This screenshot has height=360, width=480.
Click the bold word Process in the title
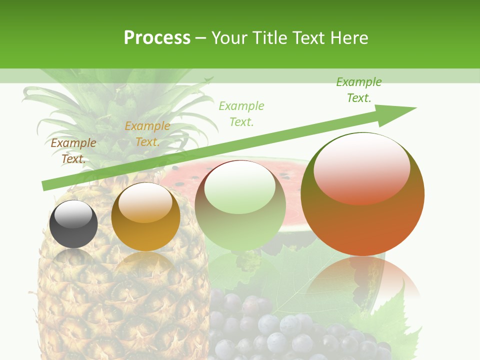click(157, 38)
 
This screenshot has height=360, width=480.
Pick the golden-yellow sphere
click(145, 217)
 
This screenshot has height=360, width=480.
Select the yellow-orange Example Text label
click(147, 134)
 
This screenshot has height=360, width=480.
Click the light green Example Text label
click(241, 113)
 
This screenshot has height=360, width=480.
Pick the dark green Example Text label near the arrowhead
click(358, 90)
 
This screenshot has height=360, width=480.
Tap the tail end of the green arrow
click(46, 186)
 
